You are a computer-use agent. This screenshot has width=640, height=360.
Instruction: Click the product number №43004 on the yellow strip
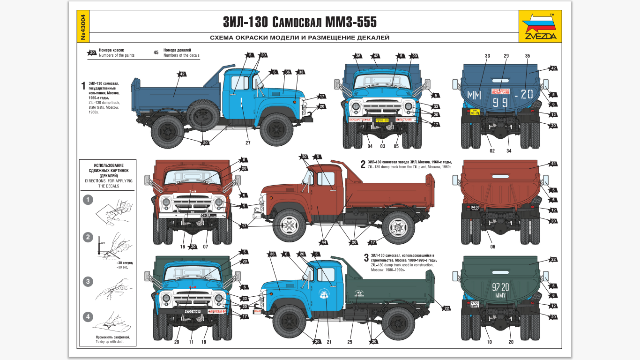[83, 28]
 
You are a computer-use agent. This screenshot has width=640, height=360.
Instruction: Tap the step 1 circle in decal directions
[88, 200]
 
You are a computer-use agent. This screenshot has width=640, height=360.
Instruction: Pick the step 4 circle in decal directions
[88, 317]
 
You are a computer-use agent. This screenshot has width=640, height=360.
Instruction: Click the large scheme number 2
[363, 164]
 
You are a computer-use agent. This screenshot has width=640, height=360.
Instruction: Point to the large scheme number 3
[366, 257]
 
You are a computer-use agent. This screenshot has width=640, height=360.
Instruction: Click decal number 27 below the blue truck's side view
[248, 142]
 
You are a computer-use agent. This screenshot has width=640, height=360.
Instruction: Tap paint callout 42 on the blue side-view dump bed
[182, 74]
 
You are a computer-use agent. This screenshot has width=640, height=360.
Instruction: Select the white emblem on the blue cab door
[323, 293]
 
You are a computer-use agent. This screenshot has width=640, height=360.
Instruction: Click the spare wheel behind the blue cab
[203, 115]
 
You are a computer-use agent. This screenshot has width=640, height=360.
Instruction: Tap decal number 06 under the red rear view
[492, 247]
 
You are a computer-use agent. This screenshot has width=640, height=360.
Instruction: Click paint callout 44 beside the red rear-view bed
[553, 164]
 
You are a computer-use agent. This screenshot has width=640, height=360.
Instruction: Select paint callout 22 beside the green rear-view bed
[553, 260]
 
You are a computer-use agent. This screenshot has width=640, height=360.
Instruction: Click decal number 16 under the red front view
[183, 247]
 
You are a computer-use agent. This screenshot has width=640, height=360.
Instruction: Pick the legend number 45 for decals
[156, 52]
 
